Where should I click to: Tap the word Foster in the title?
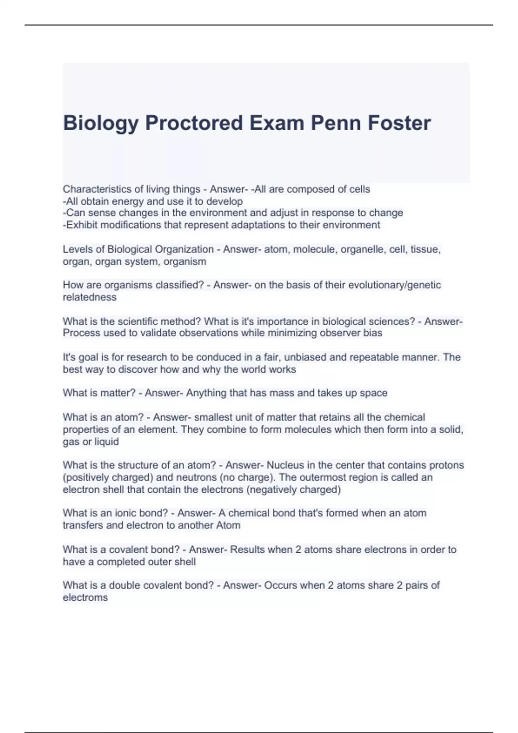click(x=399, y=123)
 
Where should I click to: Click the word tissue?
click(x=425, y=250)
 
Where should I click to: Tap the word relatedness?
click(x=90, y=297)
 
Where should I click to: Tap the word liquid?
click(x=106, y=442)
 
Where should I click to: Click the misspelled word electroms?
click(x=85, y=598)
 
